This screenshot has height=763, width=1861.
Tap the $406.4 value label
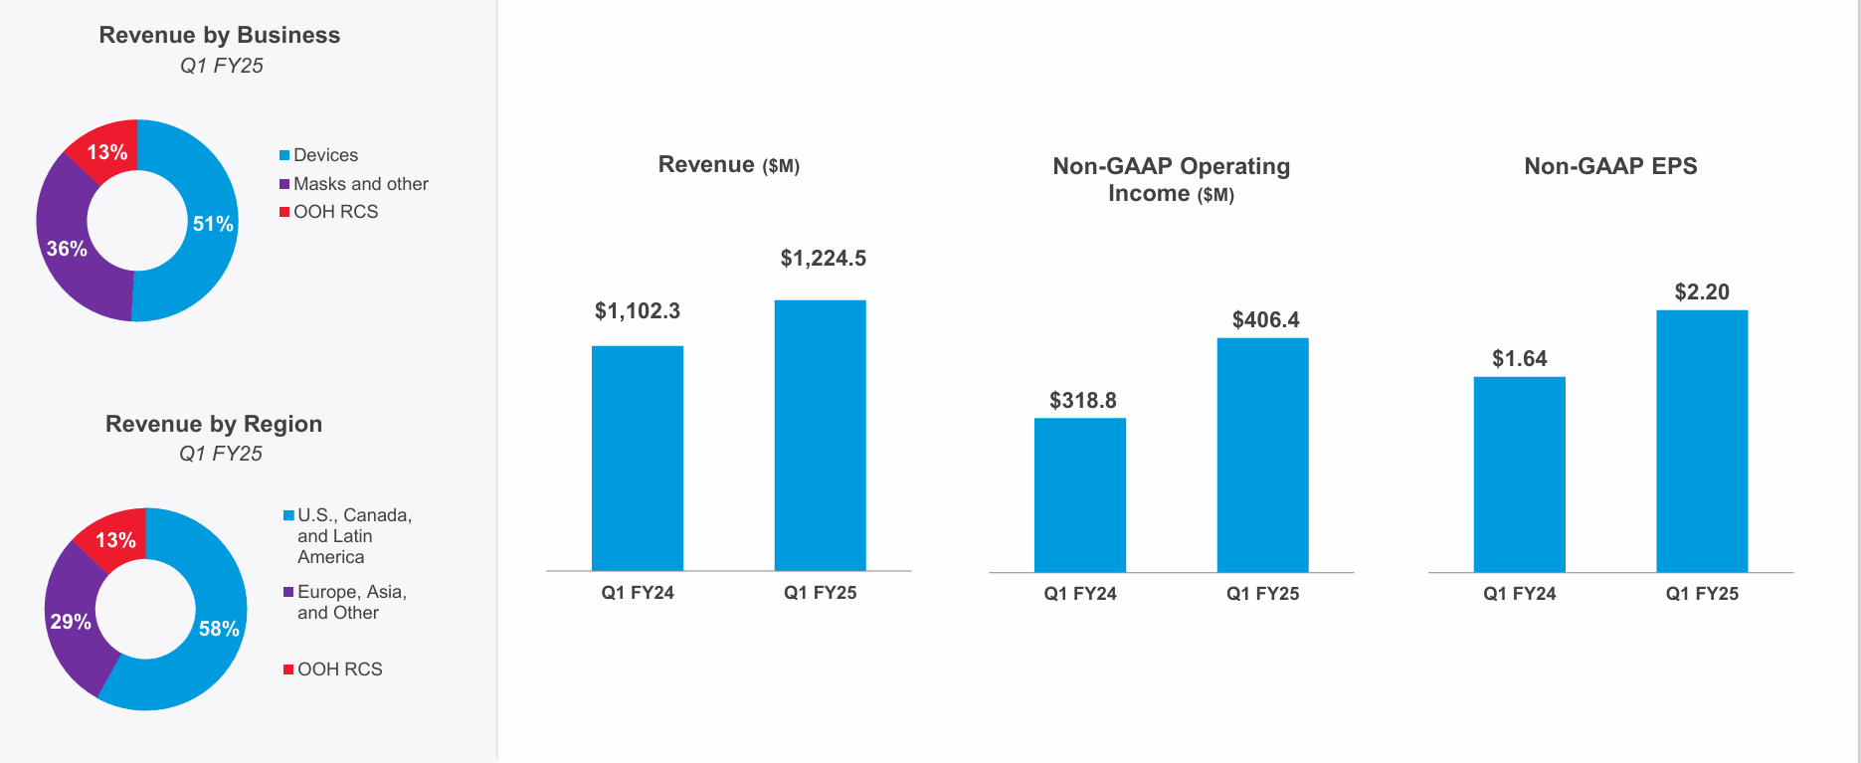pos(1265,319)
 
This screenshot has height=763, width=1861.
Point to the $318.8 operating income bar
pos(1079,494)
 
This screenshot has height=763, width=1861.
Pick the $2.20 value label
pos(1702,291)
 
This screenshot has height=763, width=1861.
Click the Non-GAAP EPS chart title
pos(1610,166)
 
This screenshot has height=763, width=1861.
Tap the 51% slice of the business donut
pos(211,223)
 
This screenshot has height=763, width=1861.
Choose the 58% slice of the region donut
pos(218,628)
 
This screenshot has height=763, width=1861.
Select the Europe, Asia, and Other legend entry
pos(351,602)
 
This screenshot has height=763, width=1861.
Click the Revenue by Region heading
pos(214,424)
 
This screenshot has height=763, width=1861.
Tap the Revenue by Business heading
pos(220,35)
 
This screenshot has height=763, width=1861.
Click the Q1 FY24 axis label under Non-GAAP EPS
pos(1519,594)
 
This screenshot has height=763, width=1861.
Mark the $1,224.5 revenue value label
pos(823,259)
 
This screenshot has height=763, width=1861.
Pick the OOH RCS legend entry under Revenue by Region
pos(339,669)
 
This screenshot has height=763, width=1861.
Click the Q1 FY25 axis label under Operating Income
pos(1262,594)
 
